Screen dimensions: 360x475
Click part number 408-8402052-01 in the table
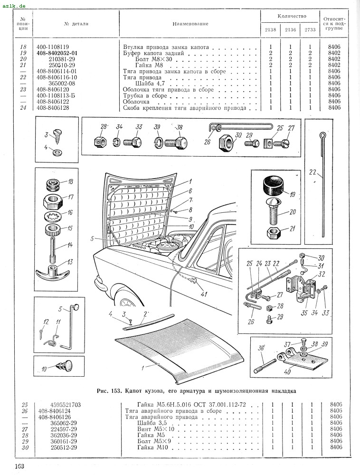[57, 53]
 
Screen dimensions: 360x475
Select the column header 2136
[290, 29]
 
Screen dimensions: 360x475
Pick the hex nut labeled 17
[54, 201]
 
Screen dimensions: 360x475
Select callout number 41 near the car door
[204, 294]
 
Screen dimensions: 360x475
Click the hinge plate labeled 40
[306, 360]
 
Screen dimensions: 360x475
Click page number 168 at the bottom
[19, 466]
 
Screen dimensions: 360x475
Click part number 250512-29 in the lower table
[63, 447]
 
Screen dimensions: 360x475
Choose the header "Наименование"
[190, 24]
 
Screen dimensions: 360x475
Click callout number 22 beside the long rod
[313, 172]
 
